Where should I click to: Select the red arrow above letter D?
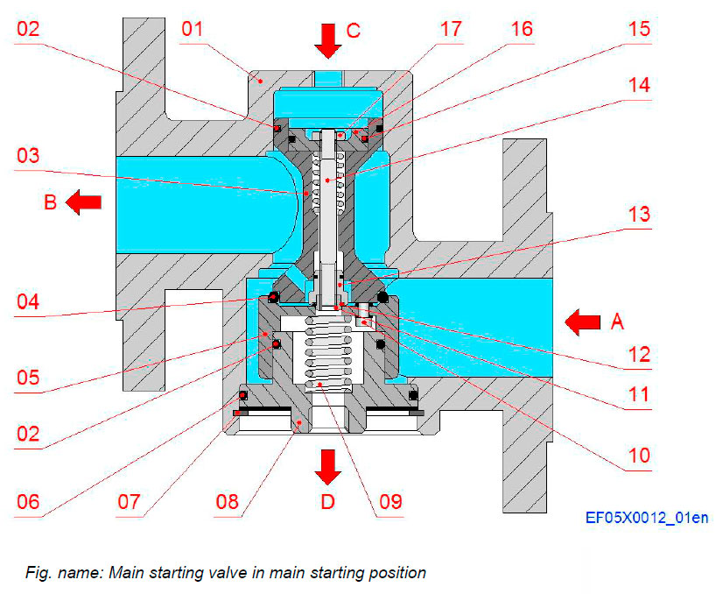click(x=328, y=465)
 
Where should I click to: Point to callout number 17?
click(x=450, y=30)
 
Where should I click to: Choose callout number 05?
click(x=30, y=379)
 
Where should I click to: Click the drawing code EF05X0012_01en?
click(x=647, y=518)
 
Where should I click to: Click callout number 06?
click(x=30, y=503)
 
